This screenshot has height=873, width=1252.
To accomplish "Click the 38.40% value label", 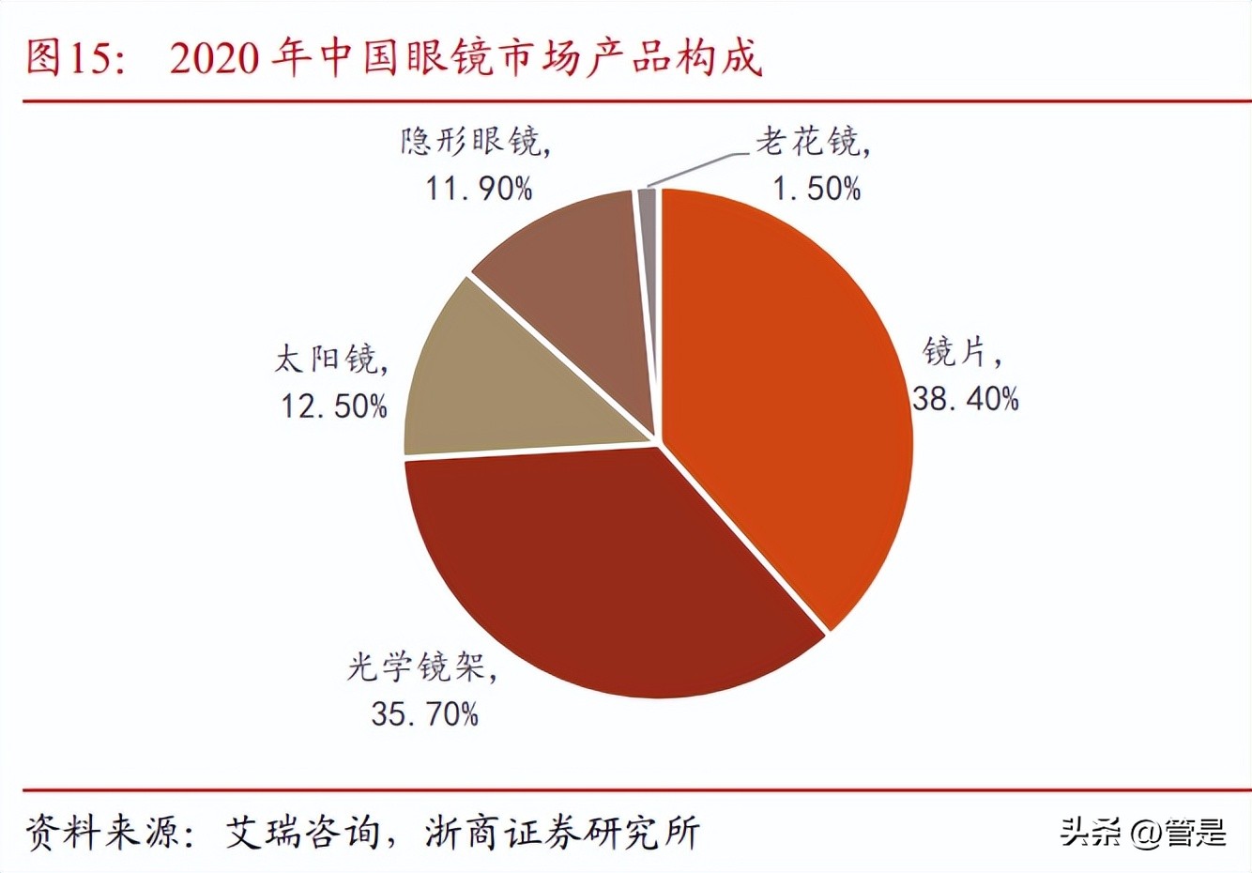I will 965,399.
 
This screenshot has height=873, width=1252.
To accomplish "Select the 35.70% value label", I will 425,713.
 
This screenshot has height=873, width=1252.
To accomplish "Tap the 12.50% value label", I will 334,406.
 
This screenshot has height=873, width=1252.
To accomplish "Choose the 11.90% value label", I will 479,189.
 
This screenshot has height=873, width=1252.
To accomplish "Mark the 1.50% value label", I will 816,189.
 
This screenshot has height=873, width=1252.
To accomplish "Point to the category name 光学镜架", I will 419,667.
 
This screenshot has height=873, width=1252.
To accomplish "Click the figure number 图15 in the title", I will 69,58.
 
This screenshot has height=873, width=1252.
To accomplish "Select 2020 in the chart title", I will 214,59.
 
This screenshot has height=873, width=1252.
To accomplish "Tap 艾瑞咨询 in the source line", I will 303,833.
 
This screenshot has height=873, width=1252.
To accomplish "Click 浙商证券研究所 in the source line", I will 561,833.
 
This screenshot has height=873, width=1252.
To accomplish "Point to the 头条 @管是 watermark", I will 1143,833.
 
